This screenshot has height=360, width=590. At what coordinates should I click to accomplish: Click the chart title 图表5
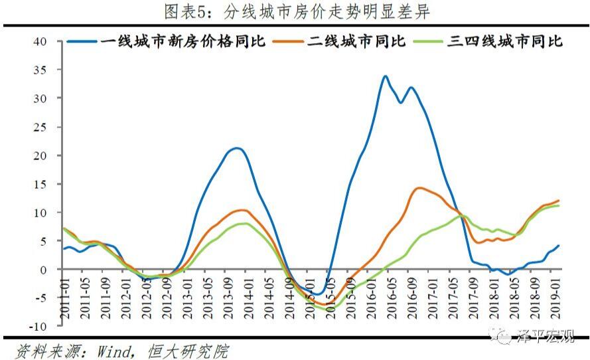(295, 11)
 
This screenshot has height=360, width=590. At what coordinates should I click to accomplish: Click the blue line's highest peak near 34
(385, 76)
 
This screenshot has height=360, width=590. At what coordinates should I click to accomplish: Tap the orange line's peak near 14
(419, 188)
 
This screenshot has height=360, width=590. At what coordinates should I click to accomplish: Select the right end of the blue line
(559, 246)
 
